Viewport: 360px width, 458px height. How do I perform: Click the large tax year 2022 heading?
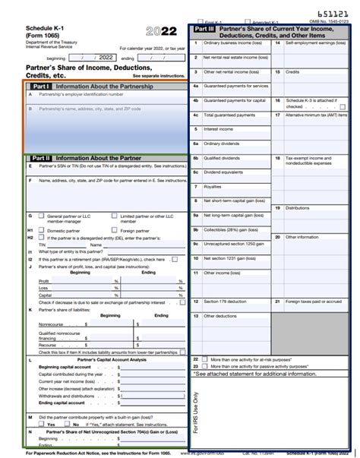tap(160, 31)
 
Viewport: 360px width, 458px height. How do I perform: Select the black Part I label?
tap(39, 87)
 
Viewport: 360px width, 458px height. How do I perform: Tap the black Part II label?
tap(39, 158)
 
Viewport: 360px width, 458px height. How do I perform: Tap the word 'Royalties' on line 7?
tap(213, 186)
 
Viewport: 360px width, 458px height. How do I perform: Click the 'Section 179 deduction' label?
tap(230, 302)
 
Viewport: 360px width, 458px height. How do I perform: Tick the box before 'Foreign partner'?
tap(113, 230)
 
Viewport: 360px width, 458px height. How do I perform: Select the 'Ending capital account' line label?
tap(62, 403)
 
